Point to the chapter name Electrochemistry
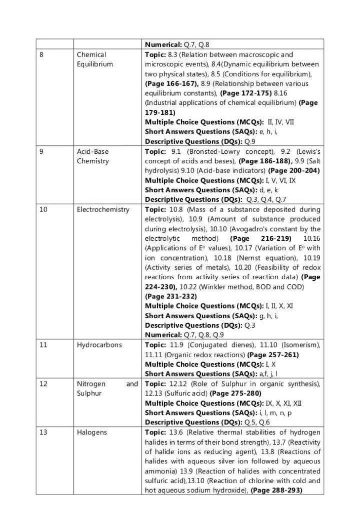pyautogui.click(x=103, y=209)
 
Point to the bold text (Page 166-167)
pyautogui.click(x=171, y=83)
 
